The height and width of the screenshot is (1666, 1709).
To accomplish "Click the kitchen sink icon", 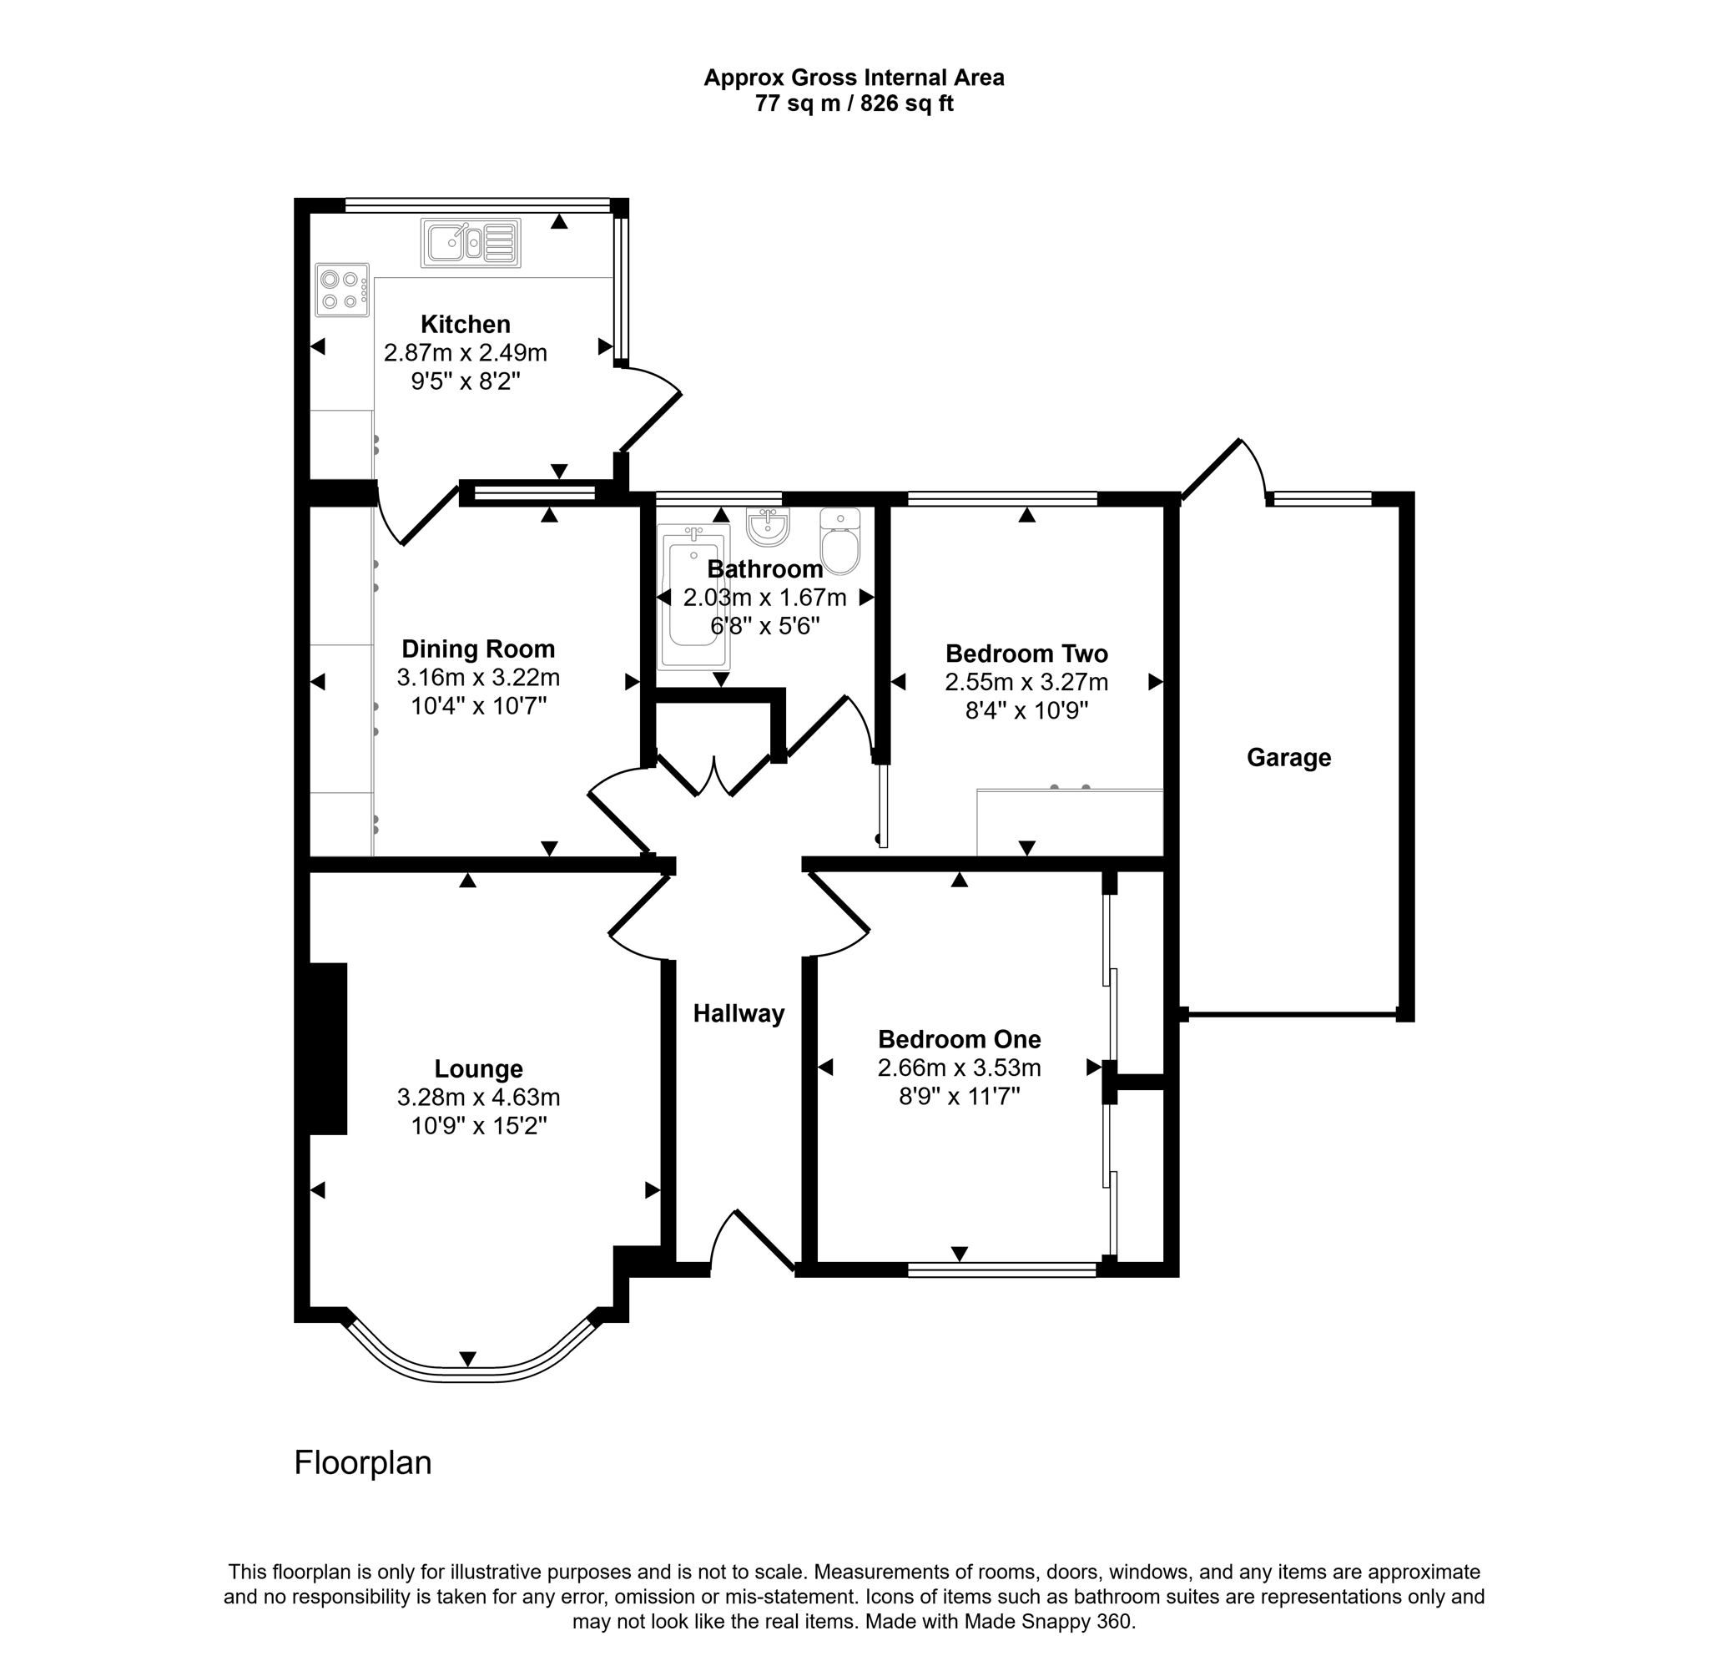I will tap(471, 242).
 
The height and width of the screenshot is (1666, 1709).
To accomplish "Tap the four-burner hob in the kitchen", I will tap(342, 290).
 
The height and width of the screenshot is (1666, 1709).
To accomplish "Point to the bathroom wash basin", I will tap(768, 527).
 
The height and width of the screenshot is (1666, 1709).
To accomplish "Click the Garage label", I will tap(1288, 758).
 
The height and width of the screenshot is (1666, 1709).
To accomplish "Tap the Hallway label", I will tap(739, 1013).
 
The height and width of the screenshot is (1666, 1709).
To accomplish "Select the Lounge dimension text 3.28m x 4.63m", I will tap(478, 1098).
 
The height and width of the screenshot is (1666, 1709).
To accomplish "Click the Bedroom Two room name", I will tap(1026, 654).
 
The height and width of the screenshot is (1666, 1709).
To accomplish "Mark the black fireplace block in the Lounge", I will tap(328, 1048).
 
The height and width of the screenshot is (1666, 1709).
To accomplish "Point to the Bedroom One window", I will tap(1001, 1270).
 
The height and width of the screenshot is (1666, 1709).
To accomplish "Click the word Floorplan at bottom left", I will tap(362, 1463).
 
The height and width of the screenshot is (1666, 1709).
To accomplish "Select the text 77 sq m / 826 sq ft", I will tap(854, 104).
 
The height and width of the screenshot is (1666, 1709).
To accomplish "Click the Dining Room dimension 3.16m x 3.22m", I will tap(478, 677).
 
